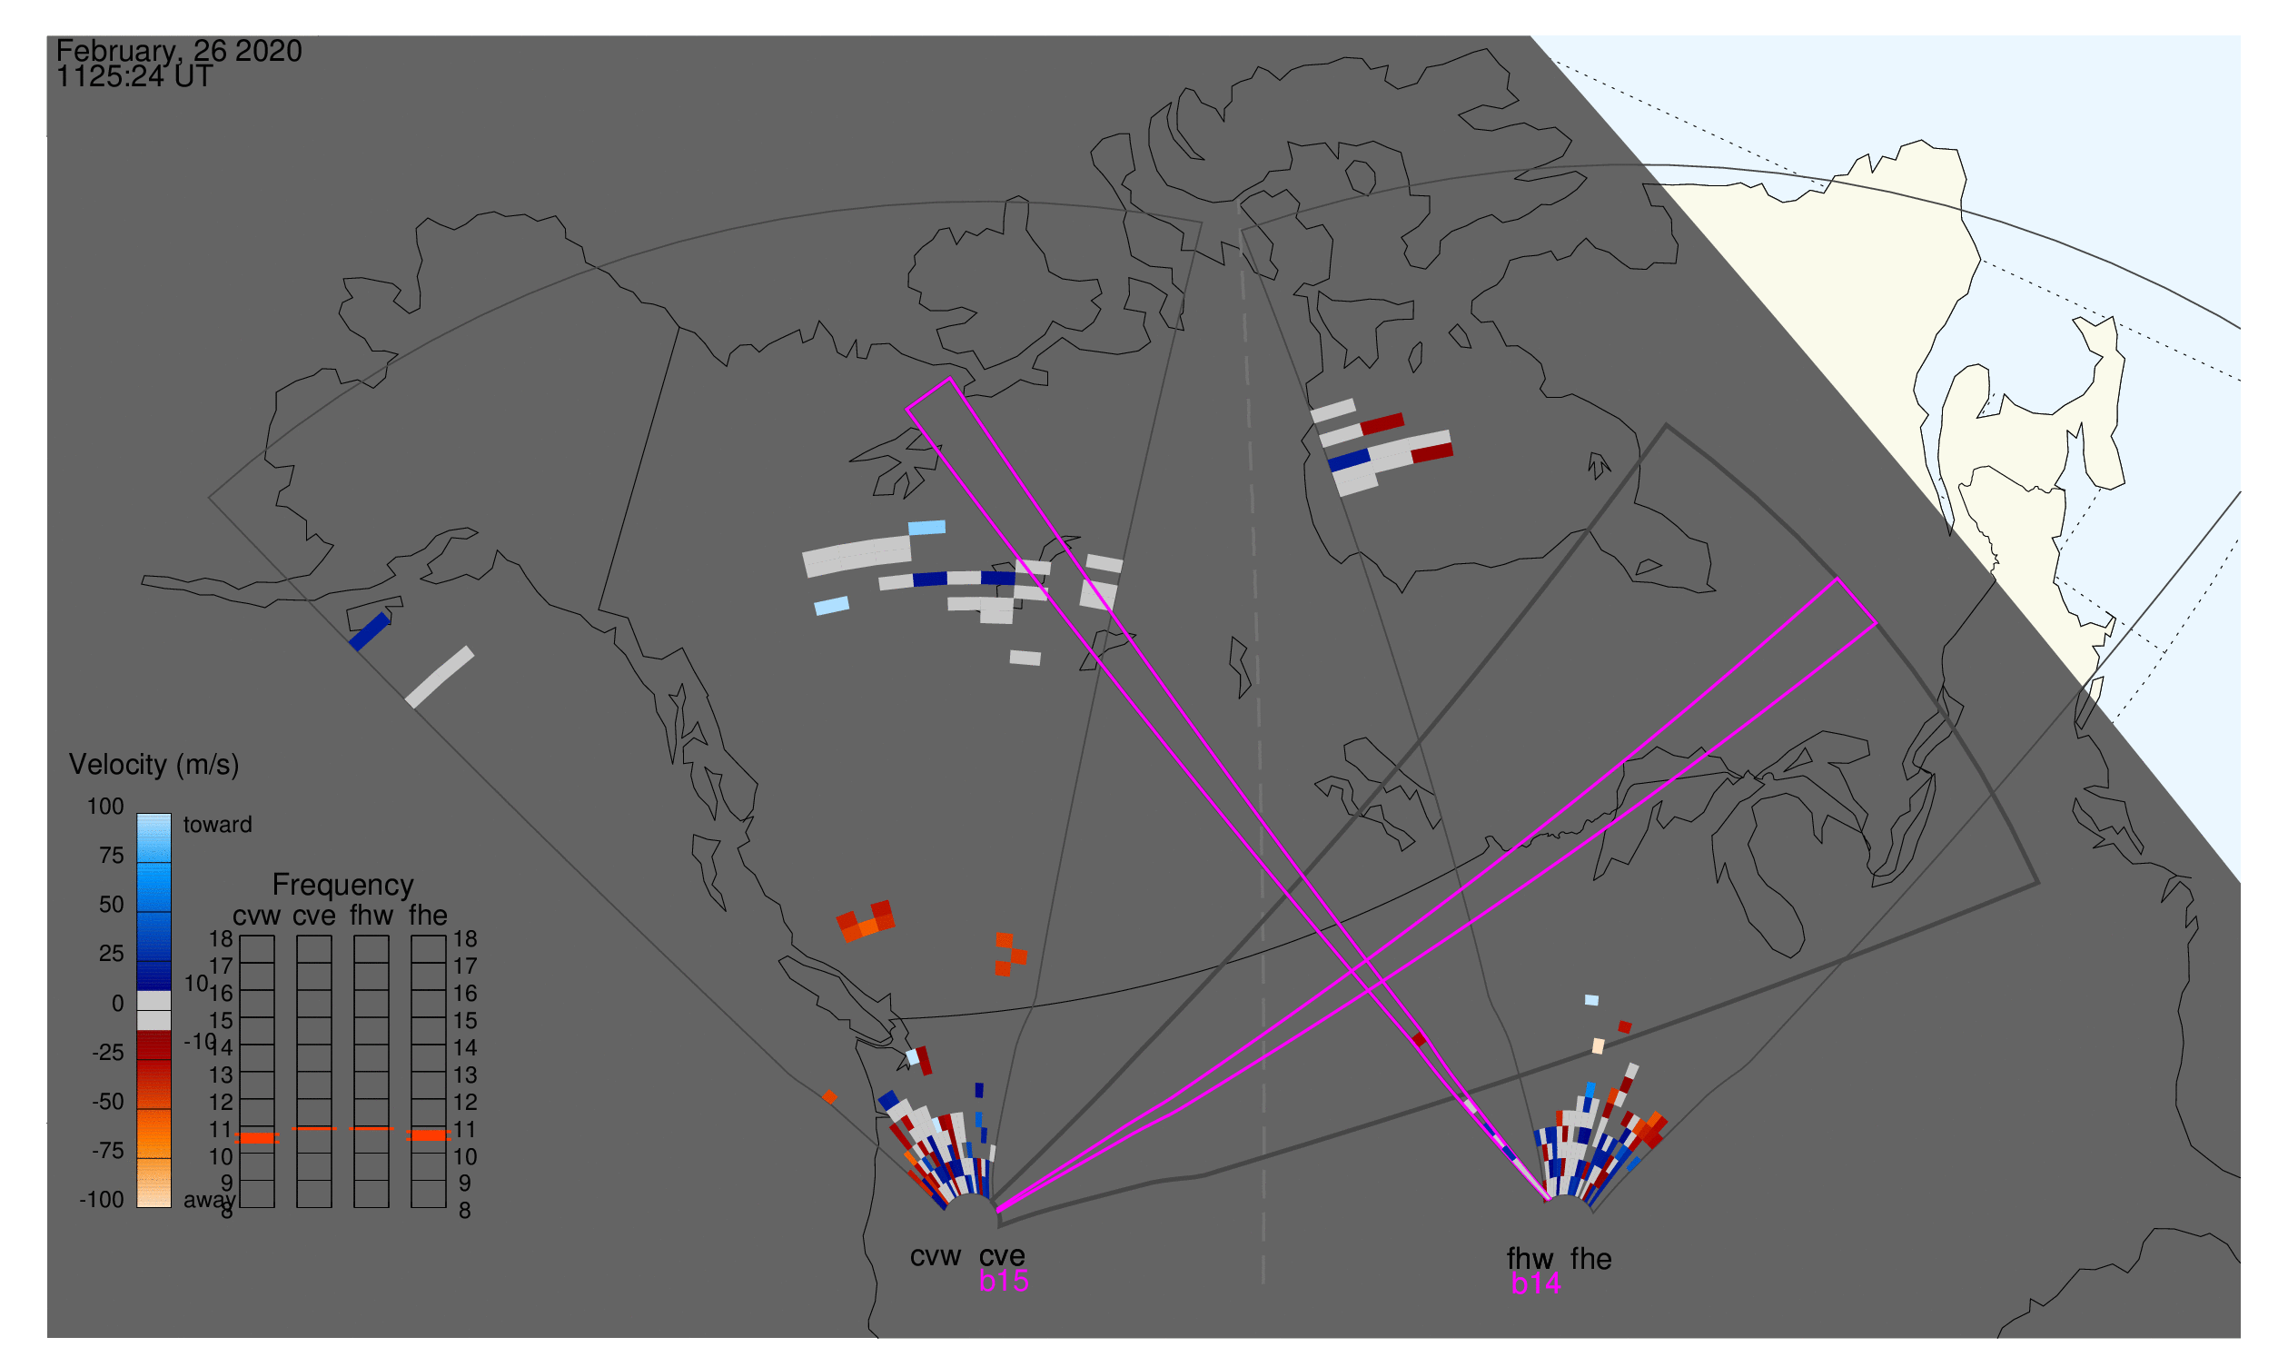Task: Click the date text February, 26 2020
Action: coord(178,51)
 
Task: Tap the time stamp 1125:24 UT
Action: coord(134,77)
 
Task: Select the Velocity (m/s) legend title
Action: coord(154,765)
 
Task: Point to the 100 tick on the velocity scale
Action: coord(105,807)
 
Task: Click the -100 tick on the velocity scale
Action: coord(102,1200)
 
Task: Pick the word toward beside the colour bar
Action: coord(218,825)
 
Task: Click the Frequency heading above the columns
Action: coord(343,885)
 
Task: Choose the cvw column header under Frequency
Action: coord(256,916)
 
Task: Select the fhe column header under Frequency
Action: coord(428,916)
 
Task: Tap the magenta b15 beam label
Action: coord(1003,1281)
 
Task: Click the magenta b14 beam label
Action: coord(1535,1283)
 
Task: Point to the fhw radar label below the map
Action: coord(1530,1259)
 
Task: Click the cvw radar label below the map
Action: coord(935,1256)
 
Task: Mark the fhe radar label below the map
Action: coord(1591,1259)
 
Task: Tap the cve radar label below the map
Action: coord(1001,1255)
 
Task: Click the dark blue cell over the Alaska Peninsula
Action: coord(371,631)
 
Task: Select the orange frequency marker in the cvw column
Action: coord(257,1137)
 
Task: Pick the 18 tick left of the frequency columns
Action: coord(222,939)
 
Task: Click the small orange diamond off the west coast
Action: coord(829,1097)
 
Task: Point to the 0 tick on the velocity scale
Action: coord(117,1003)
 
